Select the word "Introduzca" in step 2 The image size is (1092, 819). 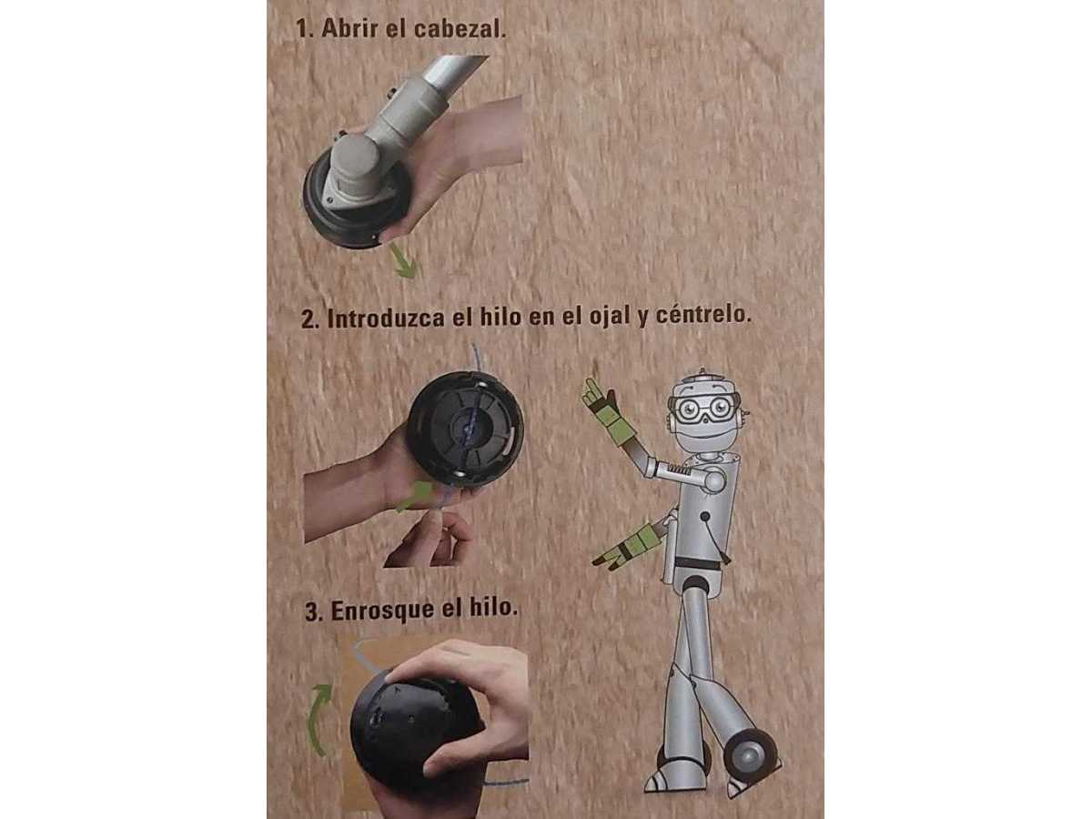[x=386, y=318]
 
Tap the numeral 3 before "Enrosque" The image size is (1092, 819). [x=312, y=612]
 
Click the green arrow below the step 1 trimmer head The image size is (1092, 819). [x=403, y=259]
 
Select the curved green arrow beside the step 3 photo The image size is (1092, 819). [x=319, y=719]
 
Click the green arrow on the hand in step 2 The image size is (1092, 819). [x=414, y=496]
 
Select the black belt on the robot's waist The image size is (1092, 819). [x=696, y=563]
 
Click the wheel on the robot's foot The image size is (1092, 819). [x=750, y=756]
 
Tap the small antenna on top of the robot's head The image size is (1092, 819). [x=702, y=371]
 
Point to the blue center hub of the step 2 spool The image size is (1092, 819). [x=469, y=428]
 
